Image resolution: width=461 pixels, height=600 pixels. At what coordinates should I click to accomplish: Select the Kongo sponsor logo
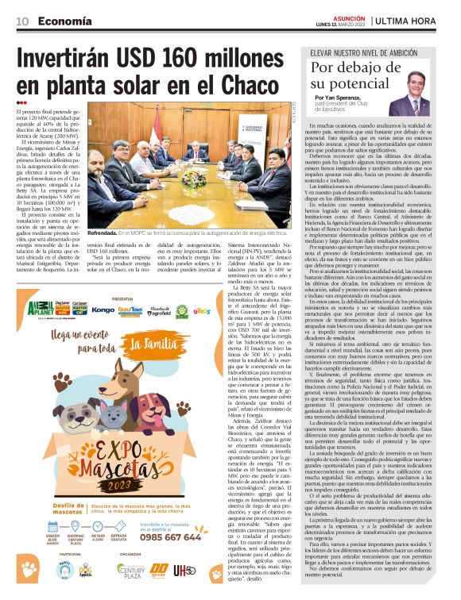pyautogui.click(x=103, y=310)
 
